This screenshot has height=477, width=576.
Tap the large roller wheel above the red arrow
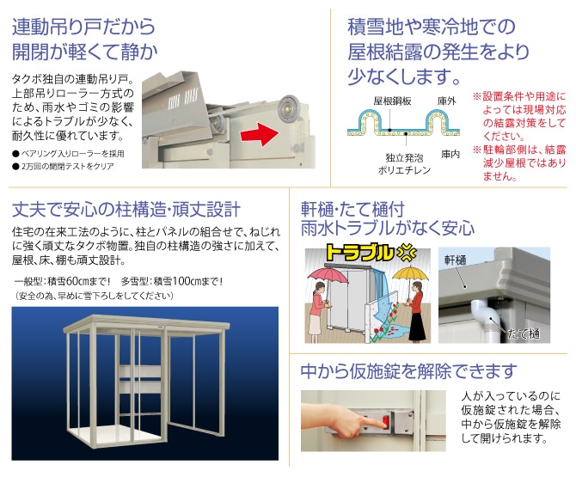pyautogui.click(x=289, y=107)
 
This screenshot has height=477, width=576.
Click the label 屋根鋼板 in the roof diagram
pyautogui.click(x=392, y=101)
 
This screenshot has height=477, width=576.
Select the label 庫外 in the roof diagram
pyautogui.click(x=446, y=101)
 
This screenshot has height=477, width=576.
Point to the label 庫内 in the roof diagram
pyautogui.click(x=450, y=154)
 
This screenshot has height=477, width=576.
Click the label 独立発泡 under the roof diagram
pyautogui.click(x=404, y=158)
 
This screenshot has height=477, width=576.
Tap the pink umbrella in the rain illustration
pyautogui.click(x=328, y=276)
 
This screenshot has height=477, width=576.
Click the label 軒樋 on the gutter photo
pyautogui.click(x=456, y=260)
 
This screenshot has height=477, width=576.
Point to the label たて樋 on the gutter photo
pyautogui.click(x=524, y=333)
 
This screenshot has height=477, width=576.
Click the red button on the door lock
pyautogui.click(x=386, y=421)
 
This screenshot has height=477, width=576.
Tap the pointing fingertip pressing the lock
pyautogui.click(x=377, y=423)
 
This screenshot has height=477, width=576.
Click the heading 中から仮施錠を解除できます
pyautogui.click(x=409, y=371)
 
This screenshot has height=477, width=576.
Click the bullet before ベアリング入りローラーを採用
pyautogui.click(x=15, y=154)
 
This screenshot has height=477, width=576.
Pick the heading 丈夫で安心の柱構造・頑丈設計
pyautogui.click(x=126, y=210)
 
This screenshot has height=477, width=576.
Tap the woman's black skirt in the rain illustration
pyautogui.click(x=417, y=327)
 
